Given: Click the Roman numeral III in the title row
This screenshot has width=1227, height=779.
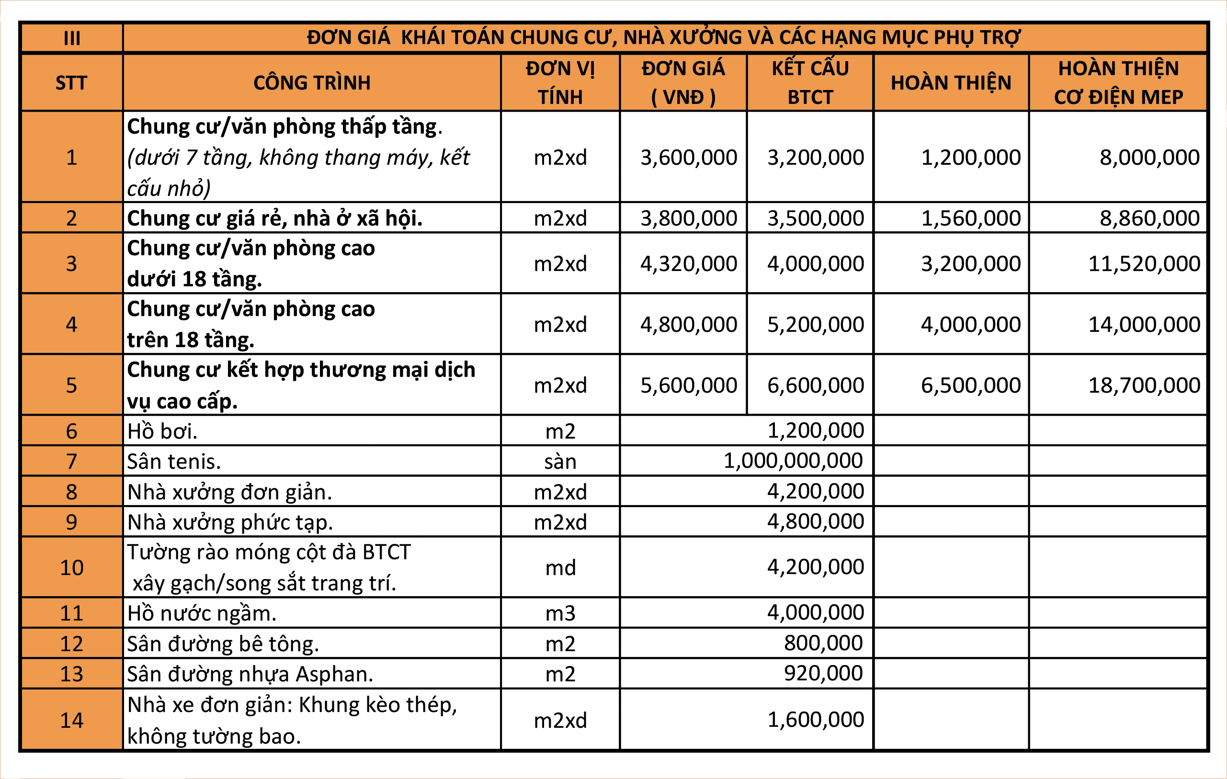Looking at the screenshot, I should tap(72, 38).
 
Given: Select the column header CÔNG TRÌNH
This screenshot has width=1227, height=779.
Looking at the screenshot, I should tap(312, 82).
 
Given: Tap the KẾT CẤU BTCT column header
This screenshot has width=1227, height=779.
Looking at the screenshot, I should tap(810, 82).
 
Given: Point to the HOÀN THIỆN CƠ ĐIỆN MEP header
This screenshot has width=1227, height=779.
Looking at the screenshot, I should tap(1118, 82).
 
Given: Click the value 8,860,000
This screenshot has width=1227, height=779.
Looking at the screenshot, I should tap(1149, 218).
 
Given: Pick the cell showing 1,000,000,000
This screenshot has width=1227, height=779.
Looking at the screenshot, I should tap(793, 461).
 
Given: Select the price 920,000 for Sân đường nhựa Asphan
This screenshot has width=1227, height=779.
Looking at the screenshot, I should tap(823, 673).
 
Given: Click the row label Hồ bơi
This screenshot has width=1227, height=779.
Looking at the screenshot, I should tap(162, 431).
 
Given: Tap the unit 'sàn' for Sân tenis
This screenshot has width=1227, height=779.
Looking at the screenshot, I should tap(560, 462).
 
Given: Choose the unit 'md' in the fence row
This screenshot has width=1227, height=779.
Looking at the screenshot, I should tap(560, 567).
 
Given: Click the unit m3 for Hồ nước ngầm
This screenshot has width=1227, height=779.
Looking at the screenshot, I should tap(560, 613).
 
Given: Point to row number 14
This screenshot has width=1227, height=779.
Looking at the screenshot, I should tap(72, 720).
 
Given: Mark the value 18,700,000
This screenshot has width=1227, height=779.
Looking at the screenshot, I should tap(1144, 385).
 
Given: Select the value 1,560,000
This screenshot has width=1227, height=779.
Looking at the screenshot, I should tap(971, 218).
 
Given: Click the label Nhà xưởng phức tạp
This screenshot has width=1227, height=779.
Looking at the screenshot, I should tap(230, 522).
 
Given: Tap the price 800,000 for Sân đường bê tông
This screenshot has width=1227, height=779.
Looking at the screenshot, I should tap(823, 643).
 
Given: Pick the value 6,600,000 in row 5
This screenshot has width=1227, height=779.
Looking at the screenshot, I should tap(815, 385).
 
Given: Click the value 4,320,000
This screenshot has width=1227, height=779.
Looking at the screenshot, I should tap(688, 263).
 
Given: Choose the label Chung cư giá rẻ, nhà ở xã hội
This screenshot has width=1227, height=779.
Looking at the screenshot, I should tap(274, 218).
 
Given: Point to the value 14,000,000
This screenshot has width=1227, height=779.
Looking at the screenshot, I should tap(1144, 324).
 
